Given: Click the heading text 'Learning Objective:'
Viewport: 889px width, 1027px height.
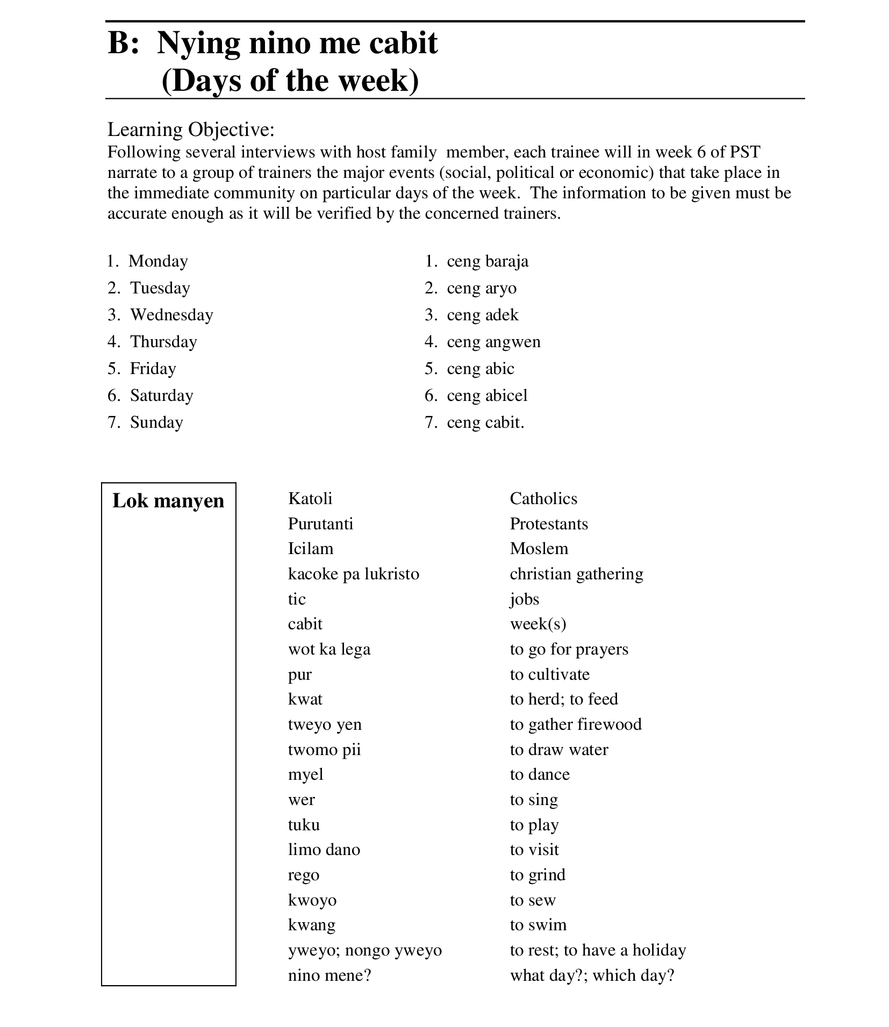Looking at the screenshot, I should coord(191,130).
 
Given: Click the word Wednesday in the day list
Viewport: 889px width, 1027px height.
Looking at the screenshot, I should coord(171,315).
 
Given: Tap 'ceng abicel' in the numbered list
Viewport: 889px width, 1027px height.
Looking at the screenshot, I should coord(487,396).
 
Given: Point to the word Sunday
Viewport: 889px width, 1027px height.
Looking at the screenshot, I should coord(156,422).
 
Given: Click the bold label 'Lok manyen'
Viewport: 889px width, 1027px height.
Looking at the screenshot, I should coord(168,501).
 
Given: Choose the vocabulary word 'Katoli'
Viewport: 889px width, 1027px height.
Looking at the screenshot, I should coord(310,499).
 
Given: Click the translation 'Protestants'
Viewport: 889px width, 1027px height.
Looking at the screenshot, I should coord(549,524).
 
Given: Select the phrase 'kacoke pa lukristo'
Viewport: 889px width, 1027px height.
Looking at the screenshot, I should coord(353,574).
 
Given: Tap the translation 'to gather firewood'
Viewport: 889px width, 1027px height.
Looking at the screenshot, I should coord(576,724).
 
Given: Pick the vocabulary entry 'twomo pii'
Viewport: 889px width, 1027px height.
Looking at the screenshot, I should coord(324,750).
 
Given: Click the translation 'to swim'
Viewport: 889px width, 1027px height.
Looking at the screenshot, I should coord(538,925).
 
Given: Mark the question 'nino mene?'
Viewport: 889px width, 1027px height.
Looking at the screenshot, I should coord(329,975).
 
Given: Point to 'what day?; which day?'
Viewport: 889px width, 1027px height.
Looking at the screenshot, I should coord(592,975).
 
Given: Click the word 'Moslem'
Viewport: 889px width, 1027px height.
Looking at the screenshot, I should coord(539,549).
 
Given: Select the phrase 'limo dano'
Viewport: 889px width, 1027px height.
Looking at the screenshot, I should coord(324,850).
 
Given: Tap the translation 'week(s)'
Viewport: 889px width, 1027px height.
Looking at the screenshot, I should coord(538,624).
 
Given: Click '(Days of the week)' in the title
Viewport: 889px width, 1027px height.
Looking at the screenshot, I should coord(290,81).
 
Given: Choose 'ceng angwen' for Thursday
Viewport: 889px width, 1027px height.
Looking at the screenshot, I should coord(493,342).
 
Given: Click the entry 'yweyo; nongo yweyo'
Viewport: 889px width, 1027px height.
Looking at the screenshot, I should coord(365,950).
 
